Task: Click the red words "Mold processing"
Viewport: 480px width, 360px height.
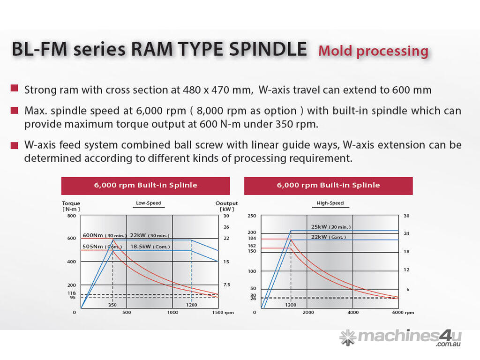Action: (x=373, y=51)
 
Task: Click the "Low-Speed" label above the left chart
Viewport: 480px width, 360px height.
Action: (x=148, y=203)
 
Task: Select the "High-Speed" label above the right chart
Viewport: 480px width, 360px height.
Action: (x=330, y=203)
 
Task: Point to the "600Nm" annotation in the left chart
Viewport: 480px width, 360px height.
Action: (x=93, y=235)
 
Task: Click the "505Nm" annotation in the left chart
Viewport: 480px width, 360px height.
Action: (x=93, y=247)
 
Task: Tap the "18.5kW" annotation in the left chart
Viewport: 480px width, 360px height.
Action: (x=140, y=247)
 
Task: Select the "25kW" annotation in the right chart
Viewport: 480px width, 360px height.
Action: (x=319, y=227)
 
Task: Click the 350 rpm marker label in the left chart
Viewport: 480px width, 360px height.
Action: (x=112, y=305)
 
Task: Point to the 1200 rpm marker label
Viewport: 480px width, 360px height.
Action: (x=191, y=305)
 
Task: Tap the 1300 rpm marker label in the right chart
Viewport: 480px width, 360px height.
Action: (x=291, y=305)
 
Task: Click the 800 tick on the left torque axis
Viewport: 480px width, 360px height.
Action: (x=71, y=216)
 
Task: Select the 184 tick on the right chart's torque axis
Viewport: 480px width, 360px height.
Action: (x=252, y=239)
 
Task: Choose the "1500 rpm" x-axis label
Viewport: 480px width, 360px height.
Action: (x=223, y=313)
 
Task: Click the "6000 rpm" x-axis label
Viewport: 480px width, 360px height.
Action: (x=403, y=313)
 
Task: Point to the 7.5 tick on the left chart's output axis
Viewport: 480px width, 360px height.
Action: (x=226, y=285)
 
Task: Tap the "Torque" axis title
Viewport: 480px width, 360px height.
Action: (x=71, y=203)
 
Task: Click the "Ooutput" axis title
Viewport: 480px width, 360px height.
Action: (x=226, y=203)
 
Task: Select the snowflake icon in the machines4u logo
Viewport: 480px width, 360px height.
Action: (x=347, y=337)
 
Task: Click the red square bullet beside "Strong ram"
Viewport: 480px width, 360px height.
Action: (x=15, y=88)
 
